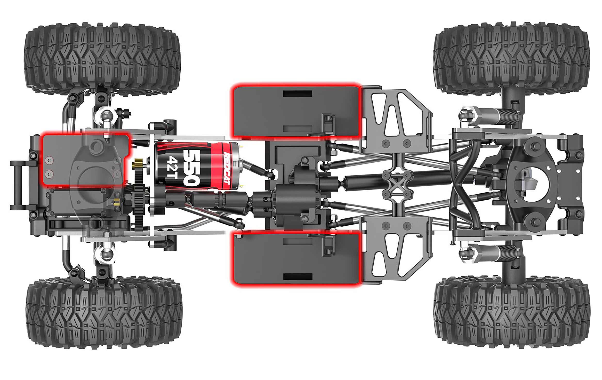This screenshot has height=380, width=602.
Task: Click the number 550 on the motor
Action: (x=191, y=168)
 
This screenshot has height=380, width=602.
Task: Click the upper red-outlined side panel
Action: (x=296, y=111)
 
